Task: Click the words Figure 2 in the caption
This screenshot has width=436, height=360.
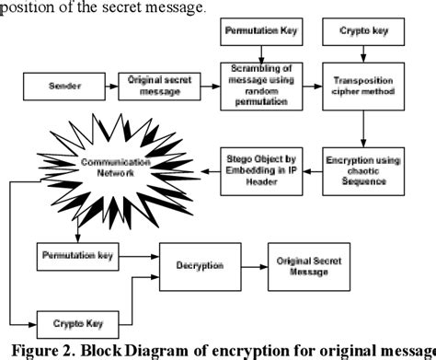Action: click(47, 350)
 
